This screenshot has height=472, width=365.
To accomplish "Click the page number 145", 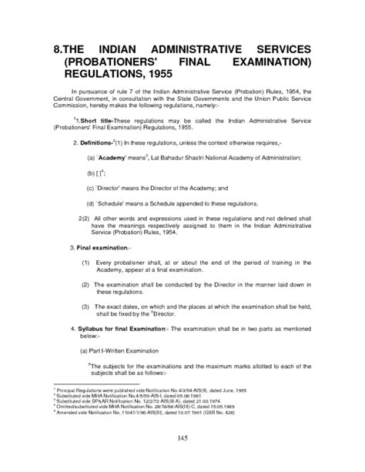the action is click(182, 437).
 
